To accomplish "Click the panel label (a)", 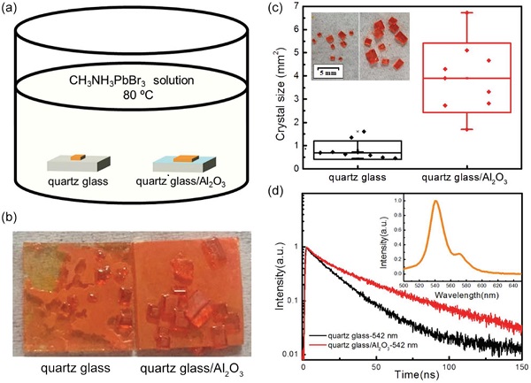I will [12, 9].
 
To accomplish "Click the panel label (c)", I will [278, 9].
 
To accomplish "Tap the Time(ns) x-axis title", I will [412, 375].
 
